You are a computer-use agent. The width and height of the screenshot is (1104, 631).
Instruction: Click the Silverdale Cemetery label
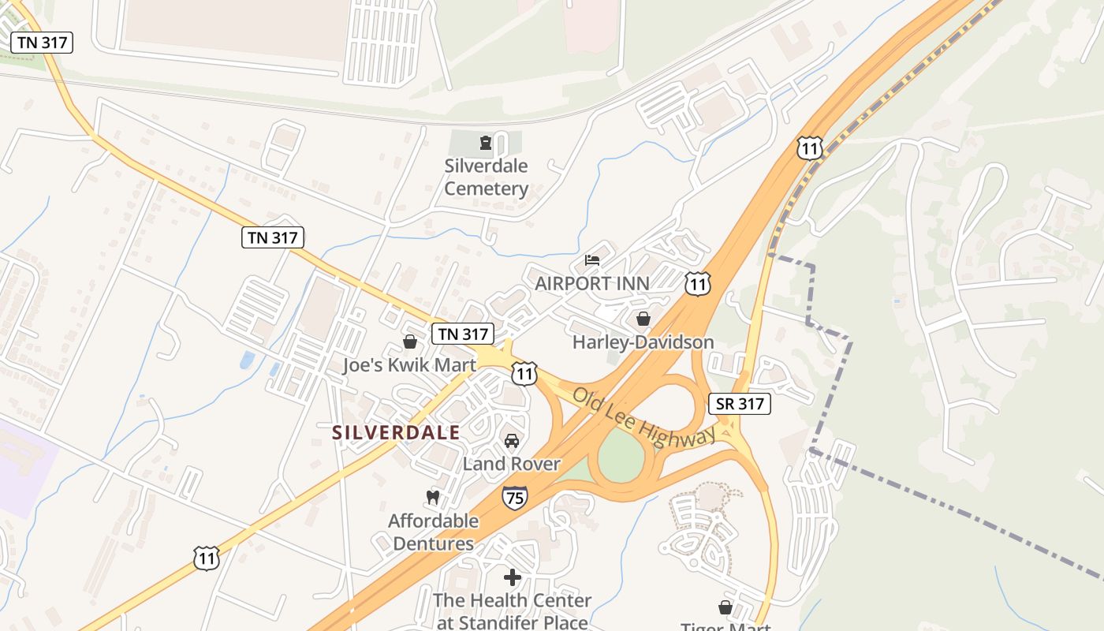(486, 177)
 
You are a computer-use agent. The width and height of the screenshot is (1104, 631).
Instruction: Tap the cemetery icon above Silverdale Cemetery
(485, 144)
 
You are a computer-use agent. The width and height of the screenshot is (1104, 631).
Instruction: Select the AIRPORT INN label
(592, 284)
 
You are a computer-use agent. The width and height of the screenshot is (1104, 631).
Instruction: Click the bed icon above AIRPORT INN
(592, 259)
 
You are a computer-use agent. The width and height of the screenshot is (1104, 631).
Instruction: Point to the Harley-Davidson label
(643, 342)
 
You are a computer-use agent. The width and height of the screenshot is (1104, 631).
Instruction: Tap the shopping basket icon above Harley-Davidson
(643, 319)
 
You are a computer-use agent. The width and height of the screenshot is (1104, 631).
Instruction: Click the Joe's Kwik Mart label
(409, 365)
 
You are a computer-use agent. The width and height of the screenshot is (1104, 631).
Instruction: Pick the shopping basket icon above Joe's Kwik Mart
(410, 342)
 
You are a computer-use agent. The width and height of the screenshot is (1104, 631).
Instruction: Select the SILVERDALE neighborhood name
(396, 433)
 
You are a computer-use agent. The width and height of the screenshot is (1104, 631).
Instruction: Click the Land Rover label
(511, 464)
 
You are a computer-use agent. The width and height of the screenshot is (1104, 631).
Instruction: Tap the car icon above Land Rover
(512, 440)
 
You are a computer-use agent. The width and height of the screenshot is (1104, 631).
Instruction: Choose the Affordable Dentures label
(433, 532)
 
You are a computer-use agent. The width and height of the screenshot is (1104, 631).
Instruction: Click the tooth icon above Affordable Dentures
(432, 498)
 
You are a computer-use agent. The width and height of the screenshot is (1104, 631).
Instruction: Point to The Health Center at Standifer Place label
(512, 611)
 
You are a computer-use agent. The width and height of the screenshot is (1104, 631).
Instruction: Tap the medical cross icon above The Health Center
(513, 577)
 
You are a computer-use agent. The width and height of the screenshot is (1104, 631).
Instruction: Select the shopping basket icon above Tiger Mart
(725, 607)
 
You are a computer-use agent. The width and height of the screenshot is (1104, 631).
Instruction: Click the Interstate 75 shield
(514, 498)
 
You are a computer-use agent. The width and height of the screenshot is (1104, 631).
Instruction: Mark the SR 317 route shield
(739, 404)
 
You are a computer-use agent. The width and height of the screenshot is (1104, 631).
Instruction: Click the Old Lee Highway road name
(643, 417)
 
